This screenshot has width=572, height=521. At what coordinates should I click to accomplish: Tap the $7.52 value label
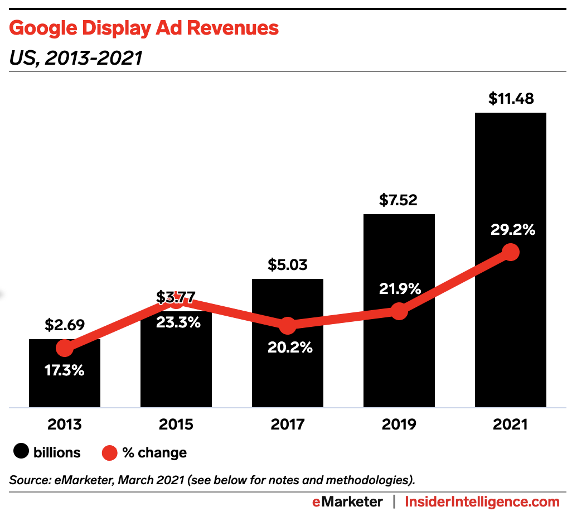tap(399, 200)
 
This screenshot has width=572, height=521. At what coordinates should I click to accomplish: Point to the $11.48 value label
tap(511, 99)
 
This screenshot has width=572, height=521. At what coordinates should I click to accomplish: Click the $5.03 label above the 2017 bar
tap(288, 264)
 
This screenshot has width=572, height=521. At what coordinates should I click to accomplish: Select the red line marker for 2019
tap(399, 311)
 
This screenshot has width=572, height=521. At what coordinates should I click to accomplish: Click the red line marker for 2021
tap(510, 252)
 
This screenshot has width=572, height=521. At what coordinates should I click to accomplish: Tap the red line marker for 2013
tap(65, 349)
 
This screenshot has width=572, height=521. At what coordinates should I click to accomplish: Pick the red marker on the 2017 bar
tap(287, 325)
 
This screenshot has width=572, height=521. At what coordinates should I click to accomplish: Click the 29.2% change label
tap(510, 229)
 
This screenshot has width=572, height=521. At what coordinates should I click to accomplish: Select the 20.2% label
tap(288, 348)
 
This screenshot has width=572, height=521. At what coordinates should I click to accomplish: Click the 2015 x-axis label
tap(176, 424)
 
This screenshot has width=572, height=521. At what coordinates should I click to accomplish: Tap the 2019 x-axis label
tap(399, 424)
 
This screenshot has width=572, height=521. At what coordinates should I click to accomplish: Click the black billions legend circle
tap(21, 452)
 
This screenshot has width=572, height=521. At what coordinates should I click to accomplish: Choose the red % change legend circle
tap(109, 452)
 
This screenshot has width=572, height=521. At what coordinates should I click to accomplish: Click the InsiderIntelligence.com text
tap(482, 502)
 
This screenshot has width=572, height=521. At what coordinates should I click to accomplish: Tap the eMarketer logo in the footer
tap(347, 502)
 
